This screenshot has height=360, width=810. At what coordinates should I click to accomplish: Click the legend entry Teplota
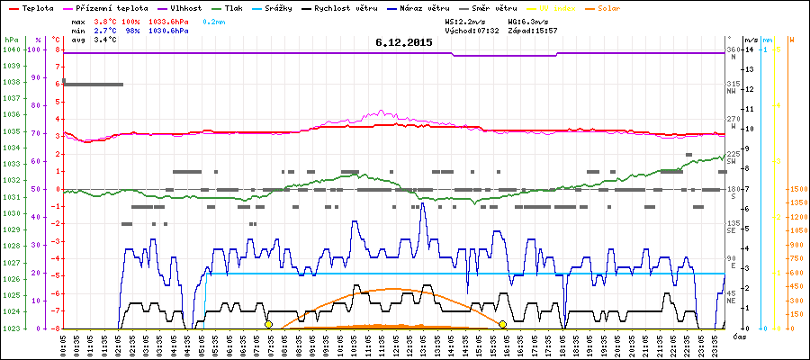tap(35, 7)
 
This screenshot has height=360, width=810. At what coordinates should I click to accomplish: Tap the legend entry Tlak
tap(238, 7)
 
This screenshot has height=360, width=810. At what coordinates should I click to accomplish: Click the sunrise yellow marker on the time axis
tap(268, 324)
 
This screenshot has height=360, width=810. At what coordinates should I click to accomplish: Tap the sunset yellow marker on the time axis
tap(502, 324)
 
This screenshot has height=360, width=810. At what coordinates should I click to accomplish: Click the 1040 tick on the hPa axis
tap(11, 49)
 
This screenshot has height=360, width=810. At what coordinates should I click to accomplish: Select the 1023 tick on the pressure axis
tap(11, 328)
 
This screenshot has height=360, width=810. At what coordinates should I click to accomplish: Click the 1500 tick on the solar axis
tap(797, 189)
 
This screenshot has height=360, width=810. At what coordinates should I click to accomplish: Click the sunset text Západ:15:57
tap(533, 30)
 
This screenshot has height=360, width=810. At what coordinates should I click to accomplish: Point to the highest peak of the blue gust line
tap(422, 204)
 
